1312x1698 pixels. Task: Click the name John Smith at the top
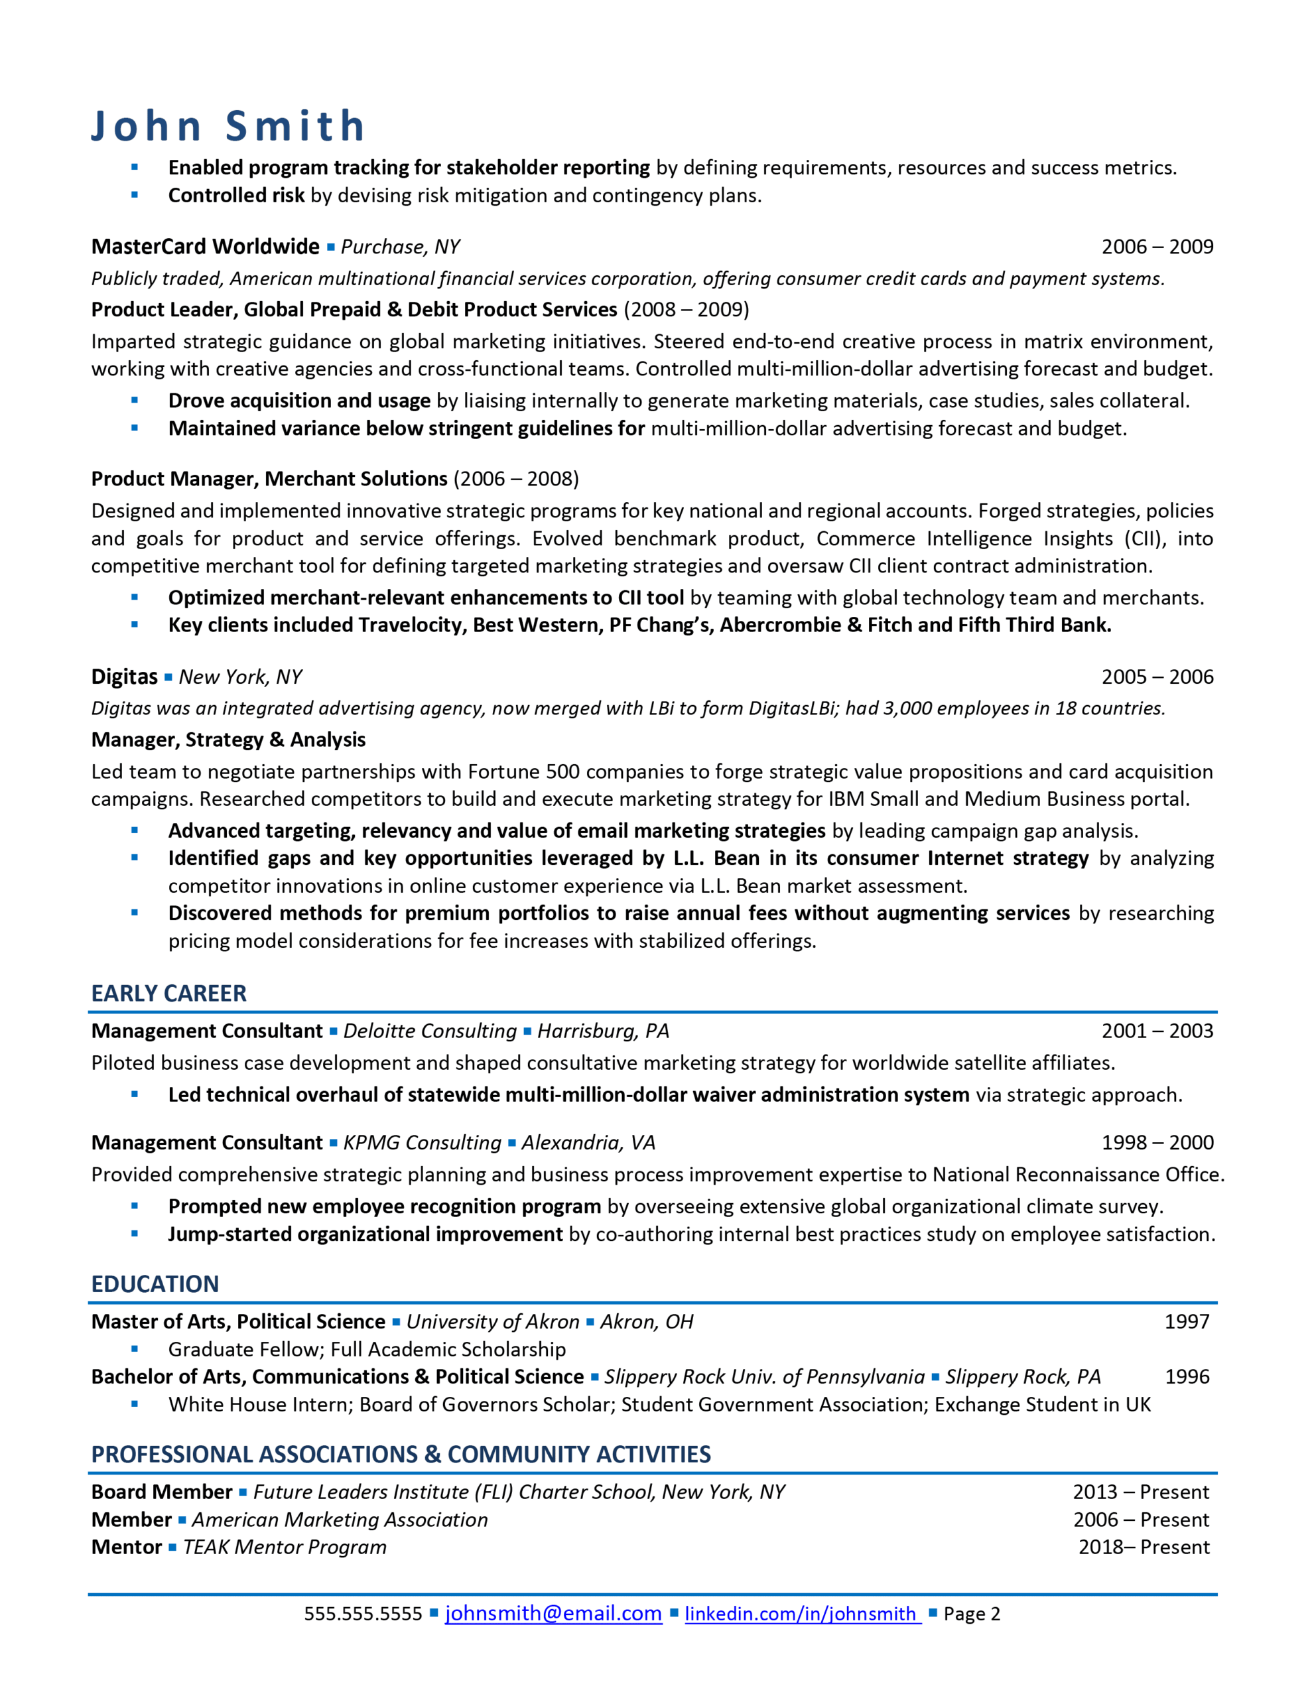[x=228, y=126]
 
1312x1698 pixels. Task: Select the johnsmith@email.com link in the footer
[x=553, y=1613]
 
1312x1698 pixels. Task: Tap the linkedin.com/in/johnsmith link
[x=802, y=1613]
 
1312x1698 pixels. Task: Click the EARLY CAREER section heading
[x=168, y=994]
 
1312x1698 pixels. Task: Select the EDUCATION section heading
[x=155, y=1284]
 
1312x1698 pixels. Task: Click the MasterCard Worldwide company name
[x=206, y=247]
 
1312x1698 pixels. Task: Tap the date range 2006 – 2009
[x=1157, y=247]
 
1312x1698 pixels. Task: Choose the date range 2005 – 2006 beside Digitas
[x=1157, y=677]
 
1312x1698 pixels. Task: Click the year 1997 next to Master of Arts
[x=1186, y=1322]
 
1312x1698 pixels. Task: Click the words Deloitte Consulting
[x=429, y=1031]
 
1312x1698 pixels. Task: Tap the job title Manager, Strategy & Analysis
[x=228, y=740]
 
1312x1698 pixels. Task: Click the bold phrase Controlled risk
[x=235, y=195]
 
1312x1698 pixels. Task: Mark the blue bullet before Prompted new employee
[x=135, y=1206]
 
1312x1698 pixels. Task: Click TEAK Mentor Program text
[x=285, y=1547]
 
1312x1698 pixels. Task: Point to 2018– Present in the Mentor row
[x=1144, y=1547]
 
